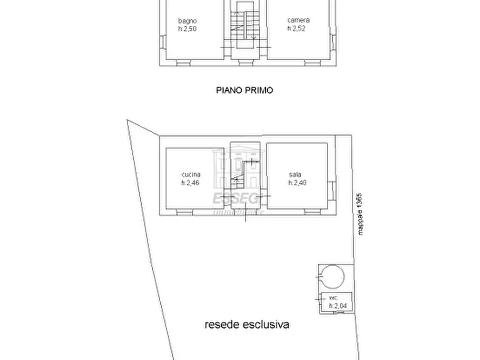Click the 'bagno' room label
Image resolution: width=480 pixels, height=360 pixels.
pos(187,21)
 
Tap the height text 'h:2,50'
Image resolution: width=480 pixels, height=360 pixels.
pos(187,29)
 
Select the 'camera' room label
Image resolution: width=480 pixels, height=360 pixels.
pos(298,21)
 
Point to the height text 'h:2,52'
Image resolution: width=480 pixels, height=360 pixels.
pos(296,29)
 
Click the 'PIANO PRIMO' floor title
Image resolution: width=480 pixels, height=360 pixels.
pos(245,90)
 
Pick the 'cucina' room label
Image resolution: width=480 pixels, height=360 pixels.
pos(191,175)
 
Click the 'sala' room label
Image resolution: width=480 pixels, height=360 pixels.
pos(295,175)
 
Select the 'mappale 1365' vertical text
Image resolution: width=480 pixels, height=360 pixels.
pos(361,214)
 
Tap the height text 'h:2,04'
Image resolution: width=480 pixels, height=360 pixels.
pos(337,305)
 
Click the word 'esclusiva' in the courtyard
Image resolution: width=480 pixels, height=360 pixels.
pos(267,325)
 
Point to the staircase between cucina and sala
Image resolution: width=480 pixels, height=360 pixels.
pos(245,175)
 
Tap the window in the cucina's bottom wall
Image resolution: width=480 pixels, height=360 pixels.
pos(184,213)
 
